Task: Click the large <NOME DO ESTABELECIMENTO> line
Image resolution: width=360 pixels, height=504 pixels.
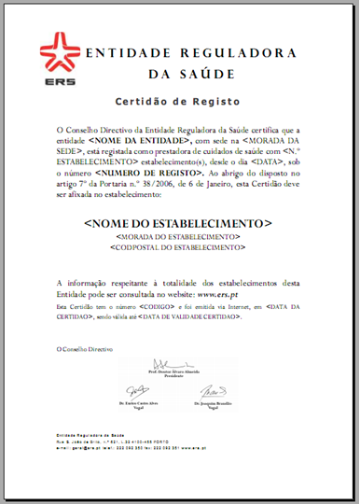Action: (178, 225)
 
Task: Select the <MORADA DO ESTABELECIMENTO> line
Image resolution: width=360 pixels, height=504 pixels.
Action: (178, 238)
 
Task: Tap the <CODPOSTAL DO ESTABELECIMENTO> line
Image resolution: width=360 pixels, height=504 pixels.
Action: (178, 247)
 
